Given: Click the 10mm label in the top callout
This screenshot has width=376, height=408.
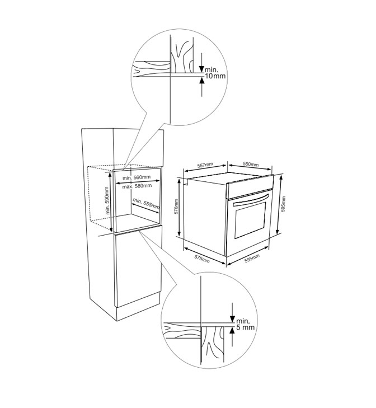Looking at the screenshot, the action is (x=215, y=76).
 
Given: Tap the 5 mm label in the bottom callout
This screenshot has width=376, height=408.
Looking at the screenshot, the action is (x=245, y=327).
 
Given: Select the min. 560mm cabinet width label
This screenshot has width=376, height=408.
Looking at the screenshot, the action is (x=137, y=177).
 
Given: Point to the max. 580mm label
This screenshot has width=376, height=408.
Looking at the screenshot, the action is (x=137, y=186).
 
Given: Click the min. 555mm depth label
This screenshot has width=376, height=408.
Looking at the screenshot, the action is (x=146, y=203).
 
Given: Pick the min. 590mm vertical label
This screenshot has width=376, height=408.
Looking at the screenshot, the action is (x=107, y=200).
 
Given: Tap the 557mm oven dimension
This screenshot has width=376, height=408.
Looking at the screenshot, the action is (x=205, y=165).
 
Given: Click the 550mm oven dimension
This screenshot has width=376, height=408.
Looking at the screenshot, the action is (x=251, y=164).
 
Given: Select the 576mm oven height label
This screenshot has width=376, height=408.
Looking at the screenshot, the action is (x=176, y=207).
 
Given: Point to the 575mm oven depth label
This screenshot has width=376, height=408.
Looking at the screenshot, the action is (x=202, y=259).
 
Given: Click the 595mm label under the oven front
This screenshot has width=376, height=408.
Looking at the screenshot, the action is (x=252, y=259).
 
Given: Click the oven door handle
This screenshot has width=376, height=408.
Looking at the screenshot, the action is (x=251, y=200).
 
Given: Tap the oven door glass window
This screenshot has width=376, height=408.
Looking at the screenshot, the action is (x=250, y=220).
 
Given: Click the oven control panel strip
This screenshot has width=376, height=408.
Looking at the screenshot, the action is (x=250, y=187).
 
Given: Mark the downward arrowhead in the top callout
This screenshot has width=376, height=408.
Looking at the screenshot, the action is (x=201, y=69).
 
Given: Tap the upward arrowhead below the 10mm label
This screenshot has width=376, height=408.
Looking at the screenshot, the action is (x=201, y=81).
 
